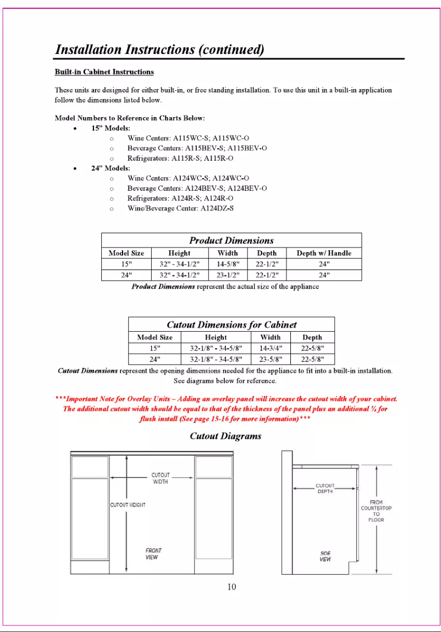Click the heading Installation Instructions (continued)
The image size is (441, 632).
pos(160,50)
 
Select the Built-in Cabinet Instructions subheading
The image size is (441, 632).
pos(104,72)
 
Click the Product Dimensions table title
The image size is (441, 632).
pos(231,240)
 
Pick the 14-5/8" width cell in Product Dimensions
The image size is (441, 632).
pos(227,264)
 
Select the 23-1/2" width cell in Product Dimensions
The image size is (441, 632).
pos(227,275)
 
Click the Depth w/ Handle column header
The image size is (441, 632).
pos(323,253)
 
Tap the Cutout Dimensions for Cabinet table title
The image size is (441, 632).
pos(231,325)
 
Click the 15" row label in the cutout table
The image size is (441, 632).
pos(155,348)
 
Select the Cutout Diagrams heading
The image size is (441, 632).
pos(225,436)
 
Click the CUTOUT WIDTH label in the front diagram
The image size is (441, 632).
pos(160,478)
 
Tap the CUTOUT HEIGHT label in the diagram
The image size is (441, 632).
pos(128,505)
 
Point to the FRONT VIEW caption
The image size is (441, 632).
pos(153,553)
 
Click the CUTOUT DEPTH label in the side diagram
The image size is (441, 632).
pos(324,488)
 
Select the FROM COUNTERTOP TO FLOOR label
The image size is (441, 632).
pos(376,511)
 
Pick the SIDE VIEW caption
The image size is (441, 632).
pos(325,556)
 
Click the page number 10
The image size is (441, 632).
pos(231,587)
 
